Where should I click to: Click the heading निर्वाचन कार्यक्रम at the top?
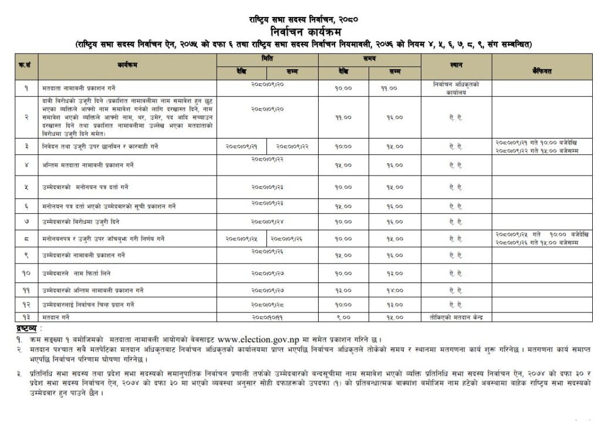click(x=300, y=31)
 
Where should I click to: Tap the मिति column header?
click(x=268, y=59)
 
